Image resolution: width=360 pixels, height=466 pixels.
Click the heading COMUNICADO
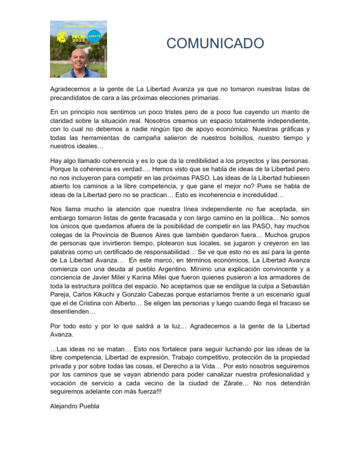click(215, 43)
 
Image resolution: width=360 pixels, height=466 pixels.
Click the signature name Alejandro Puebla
click(75, 405)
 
